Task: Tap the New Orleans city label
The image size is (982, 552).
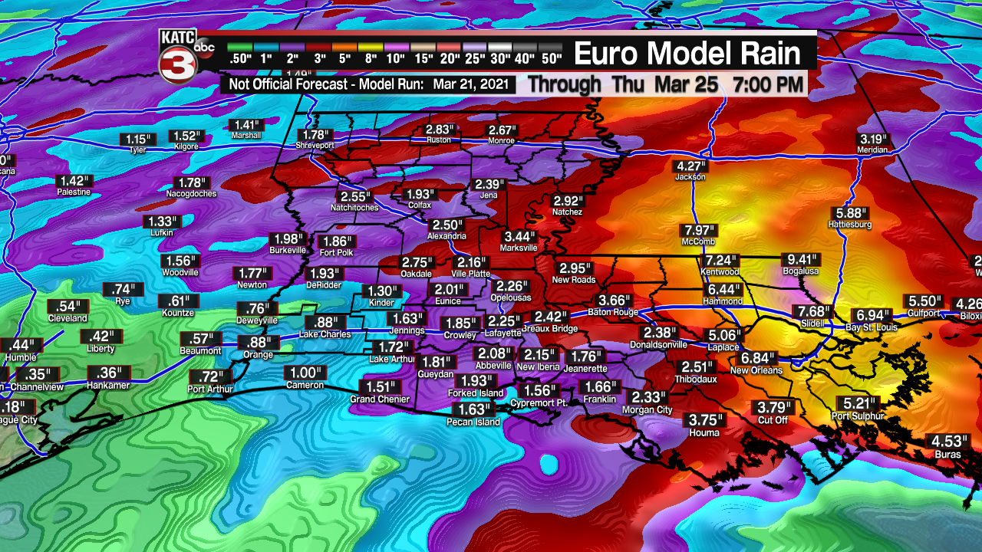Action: coord(756,370)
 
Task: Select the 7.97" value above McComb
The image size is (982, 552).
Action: coord(698,231)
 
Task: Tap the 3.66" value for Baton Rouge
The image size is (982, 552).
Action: coord(615,301)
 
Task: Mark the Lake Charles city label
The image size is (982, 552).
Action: coord(325,334)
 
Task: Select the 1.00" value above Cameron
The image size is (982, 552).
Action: coord(305,373)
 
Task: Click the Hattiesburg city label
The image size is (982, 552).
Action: coord(850,225)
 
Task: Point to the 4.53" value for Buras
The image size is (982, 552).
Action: coord(945,441)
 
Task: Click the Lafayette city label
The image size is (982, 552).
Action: coord(503,333)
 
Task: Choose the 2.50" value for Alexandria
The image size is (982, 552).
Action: coord(447,225)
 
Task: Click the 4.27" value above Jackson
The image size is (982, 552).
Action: coord(690,166)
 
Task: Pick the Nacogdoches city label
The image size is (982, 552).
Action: coord(191,194)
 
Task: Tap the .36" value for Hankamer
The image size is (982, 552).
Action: coord(108,373)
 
